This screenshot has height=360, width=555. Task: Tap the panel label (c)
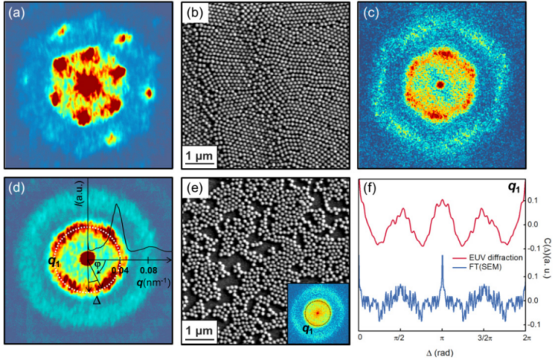(371, 14)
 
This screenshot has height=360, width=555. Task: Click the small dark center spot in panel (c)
(440, 84)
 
